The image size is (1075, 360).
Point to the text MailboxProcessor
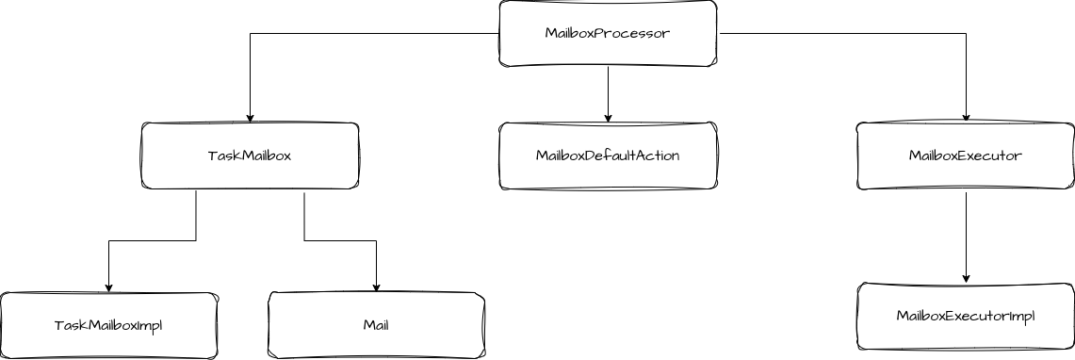click(608, 33)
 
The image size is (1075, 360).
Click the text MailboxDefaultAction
click(608, 155)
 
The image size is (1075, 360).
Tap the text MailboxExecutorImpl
click(965, 316)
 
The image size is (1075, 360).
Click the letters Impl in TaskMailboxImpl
click(150, 325)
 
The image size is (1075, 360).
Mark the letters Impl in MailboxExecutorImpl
click(1021, 316)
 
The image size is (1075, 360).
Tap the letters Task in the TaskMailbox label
click(220, 155)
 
